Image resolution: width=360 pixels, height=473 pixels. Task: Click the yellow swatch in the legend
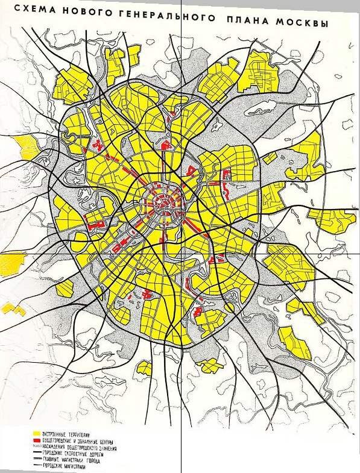click(36, 434)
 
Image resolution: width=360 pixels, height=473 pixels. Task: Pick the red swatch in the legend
click(36, 440)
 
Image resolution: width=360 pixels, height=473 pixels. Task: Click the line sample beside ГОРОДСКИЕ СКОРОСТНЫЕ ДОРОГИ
click(36, 453)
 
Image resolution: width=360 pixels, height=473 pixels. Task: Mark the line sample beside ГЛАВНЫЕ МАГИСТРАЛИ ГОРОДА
click(36, 459)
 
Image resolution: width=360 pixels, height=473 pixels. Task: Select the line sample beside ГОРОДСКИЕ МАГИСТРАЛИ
click(36, 466)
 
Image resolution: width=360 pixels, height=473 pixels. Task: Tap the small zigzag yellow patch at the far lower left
click(13, 309)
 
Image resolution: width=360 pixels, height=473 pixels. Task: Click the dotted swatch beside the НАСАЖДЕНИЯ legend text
click(36, 446)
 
